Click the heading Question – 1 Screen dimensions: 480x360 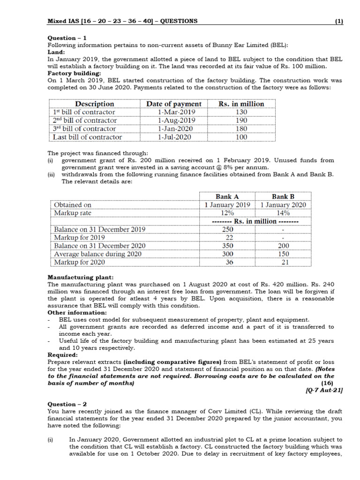point(67,38)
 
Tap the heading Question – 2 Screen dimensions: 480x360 point(67,404)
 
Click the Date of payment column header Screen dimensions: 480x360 point(174,104)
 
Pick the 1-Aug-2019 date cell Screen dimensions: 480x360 point(174,120)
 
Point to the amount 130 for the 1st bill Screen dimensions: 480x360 point(241,112)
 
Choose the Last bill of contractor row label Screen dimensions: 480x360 point(87,137)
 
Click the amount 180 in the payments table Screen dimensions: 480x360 point(241,129)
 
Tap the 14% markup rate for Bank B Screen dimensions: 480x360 point(283,213)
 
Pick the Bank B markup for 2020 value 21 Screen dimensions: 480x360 point(283,262)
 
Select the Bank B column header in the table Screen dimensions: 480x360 point(283,196)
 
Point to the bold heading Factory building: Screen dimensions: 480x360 point(72,73)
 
